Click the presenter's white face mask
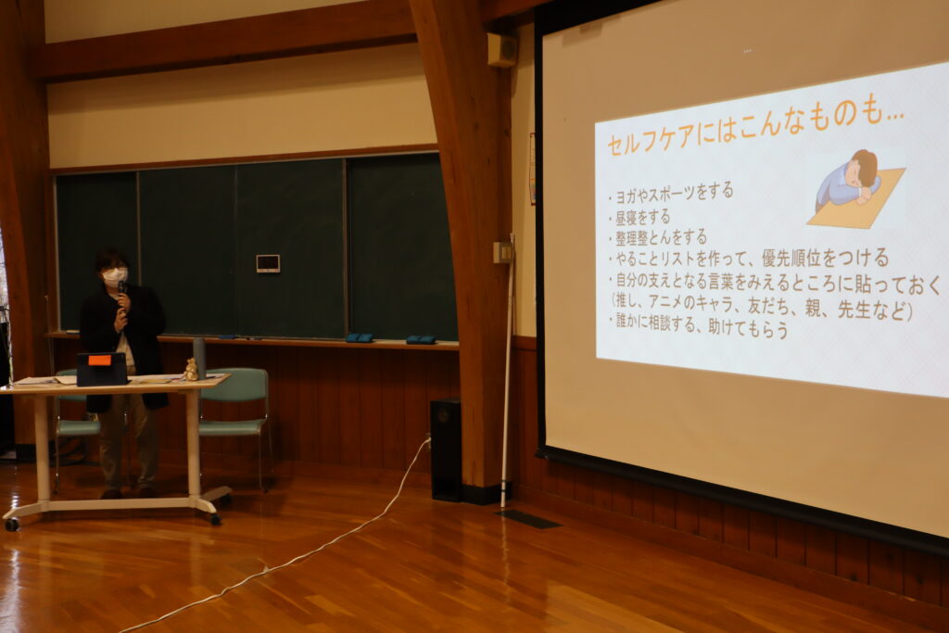pyautogui.click(x=114, y=277)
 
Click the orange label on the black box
pyautogui.click(x=99, y=361)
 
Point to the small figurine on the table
pyautogui.click(x=191, y=369)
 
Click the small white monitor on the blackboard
pyautogui.click(x=268, y=263)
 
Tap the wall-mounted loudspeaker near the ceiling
pyautogui.click(x=501, y=50)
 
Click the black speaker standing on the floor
pyautogui.click(x=446, y=449)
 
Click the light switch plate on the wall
pyautogui.click(x=501, y=252)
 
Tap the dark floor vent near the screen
pyautogui.click(x=527, y=519)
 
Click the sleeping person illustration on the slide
pyautogui.click(x=856, y=189)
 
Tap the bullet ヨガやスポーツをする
pyautogui.click(x=674, y=195)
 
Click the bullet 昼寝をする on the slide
pyautogui.click(x=642, y=217)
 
